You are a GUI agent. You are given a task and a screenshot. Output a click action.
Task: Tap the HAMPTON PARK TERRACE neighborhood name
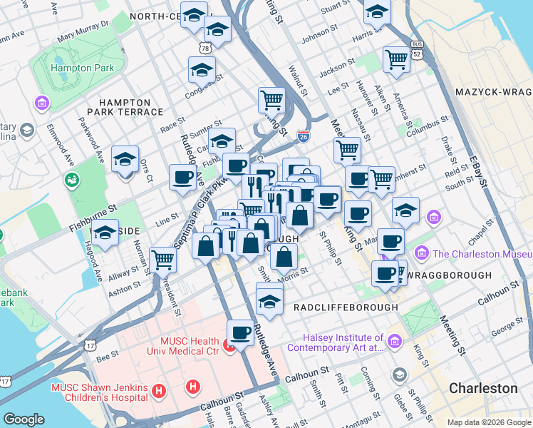pos(125,107)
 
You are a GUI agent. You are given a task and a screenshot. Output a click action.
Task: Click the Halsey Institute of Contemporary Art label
pos(335,343)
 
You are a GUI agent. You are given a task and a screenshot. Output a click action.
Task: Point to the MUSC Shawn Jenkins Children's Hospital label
pos(99,392)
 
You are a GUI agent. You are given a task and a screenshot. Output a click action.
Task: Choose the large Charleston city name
pos(483,388)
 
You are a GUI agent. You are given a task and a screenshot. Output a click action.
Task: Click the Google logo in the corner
pos(24,419)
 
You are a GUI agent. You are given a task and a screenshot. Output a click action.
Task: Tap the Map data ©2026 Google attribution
pos(489,422)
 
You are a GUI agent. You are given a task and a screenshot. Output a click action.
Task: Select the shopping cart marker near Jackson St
pos(395,60)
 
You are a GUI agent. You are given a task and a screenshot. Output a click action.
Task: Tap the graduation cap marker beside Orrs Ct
pos(125,162)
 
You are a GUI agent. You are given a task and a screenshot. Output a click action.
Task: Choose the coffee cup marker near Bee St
pos(240,332)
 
